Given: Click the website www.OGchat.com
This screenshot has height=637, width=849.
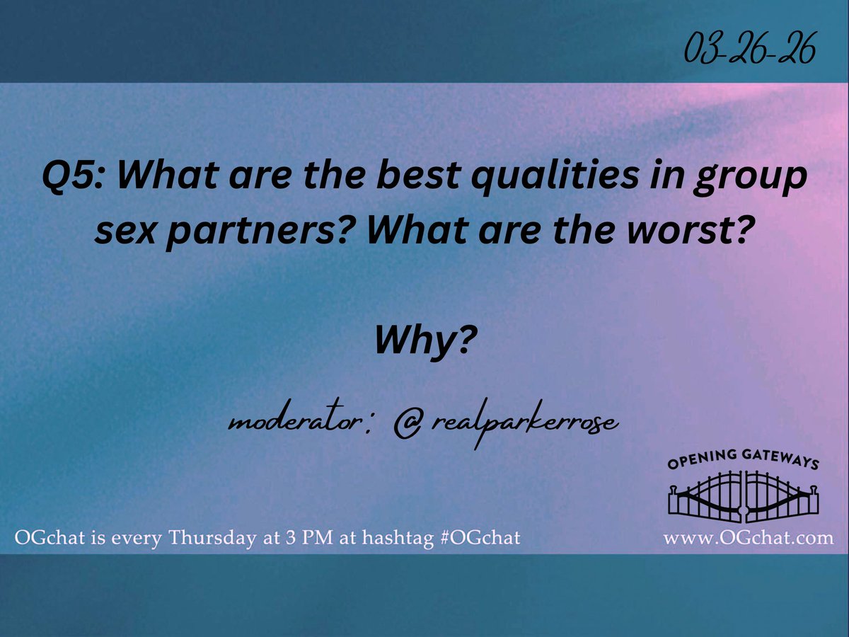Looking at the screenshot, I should coord(748,538).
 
